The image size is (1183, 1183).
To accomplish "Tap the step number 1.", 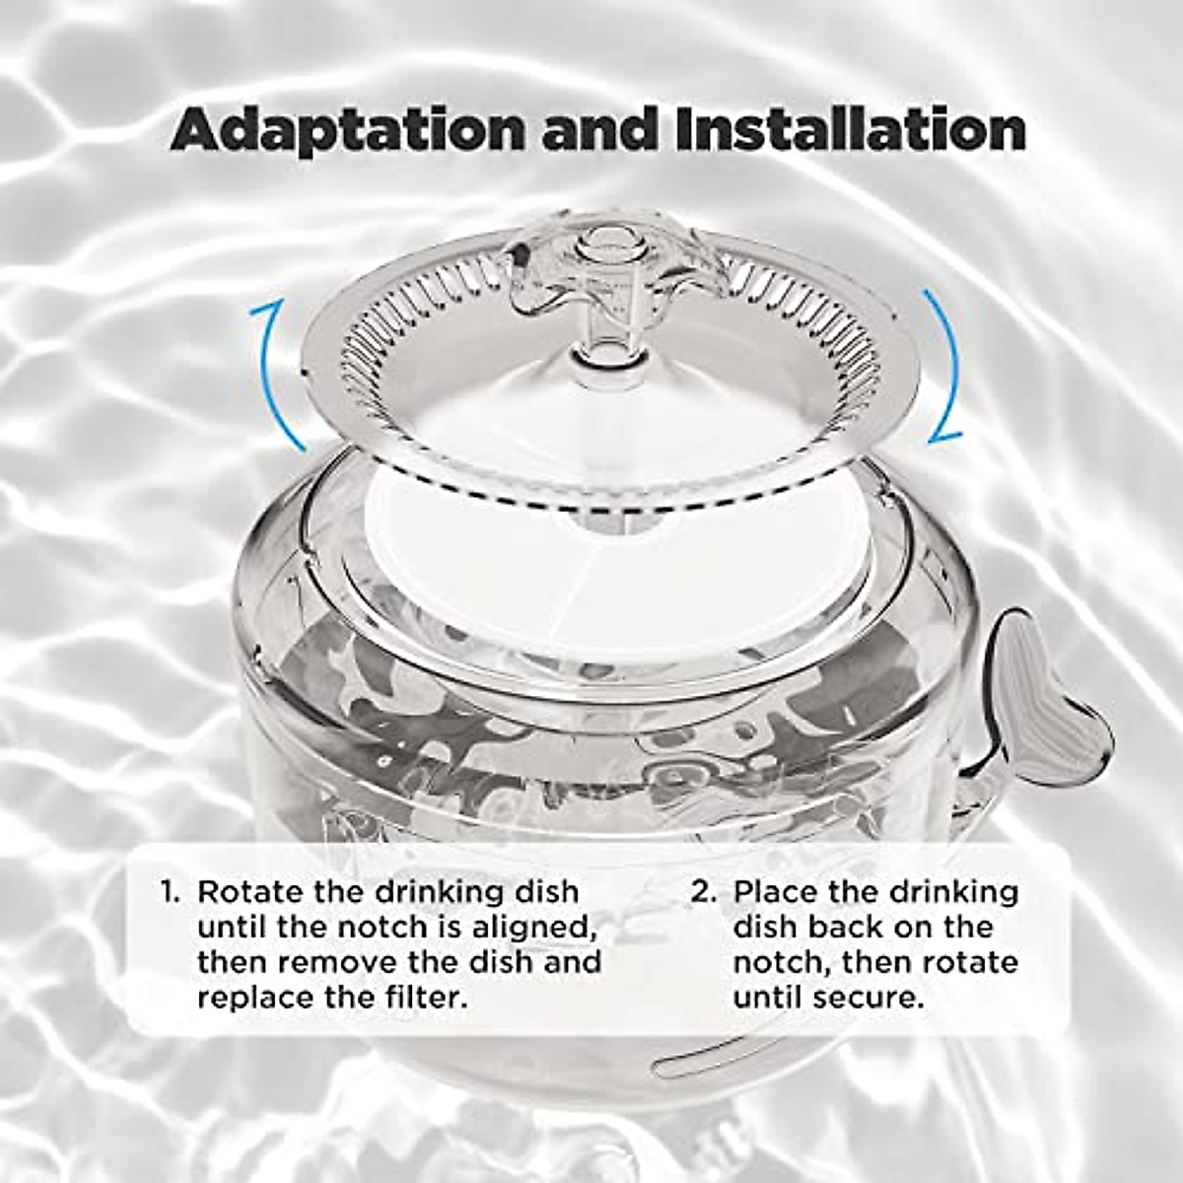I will click(x=170, y=893).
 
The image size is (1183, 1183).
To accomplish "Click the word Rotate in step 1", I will click(x=248, y=892).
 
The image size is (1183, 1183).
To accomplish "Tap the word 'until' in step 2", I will click(x=768, y=997).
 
